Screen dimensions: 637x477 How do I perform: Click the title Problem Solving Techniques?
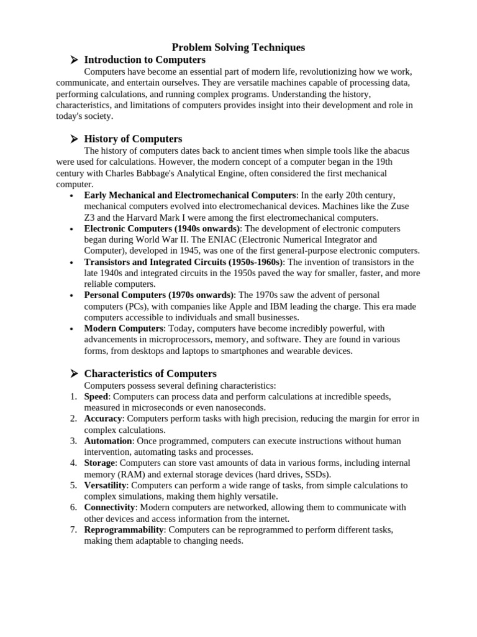click(238, 47)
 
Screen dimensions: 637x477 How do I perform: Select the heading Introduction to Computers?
click(145, 60)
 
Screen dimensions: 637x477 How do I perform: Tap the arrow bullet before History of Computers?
click(73, 139)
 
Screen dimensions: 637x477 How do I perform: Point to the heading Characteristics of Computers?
click(150, 373)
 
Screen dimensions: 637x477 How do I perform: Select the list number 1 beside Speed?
click(73, 396)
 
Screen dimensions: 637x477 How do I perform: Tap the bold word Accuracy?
click(103, 419)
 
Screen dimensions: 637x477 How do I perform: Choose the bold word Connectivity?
click(109, 507)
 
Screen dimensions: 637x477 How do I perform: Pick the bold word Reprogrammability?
click(124, 529)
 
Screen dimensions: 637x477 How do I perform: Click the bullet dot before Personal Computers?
click(73, 295)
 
